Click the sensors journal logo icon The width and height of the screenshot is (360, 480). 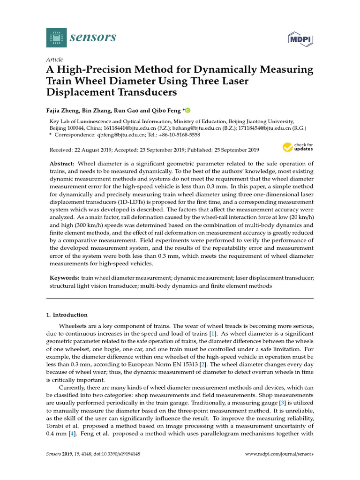57,37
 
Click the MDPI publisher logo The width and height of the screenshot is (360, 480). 300,39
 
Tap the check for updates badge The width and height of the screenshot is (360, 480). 298,148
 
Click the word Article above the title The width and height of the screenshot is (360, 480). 55,60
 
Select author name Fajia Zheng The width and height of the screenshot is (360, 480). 65,111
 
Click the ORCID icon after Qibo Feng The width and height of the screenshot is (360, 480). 188,111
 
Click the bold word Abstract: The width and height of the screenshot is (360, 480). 62,164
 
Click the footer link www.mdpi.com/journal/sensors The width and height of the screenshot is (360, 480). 279,454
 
